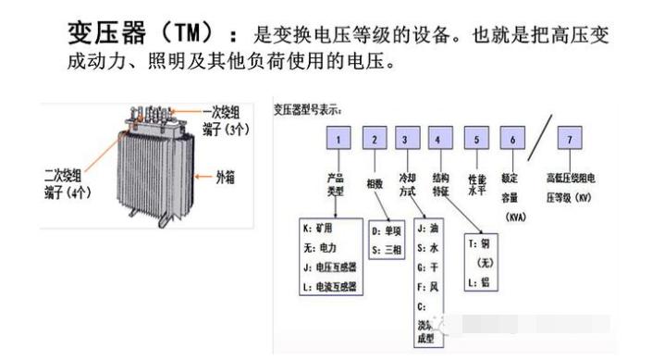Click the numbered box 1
click(339, 140)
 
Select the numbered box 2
click(374, 140)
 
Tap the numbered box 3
click(406, 140)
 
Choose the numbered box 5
click(475, 140)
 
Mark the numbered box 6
click(510, 140)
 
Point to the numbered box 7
click(571, 140)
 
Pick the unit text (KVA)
click(516, 216)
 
